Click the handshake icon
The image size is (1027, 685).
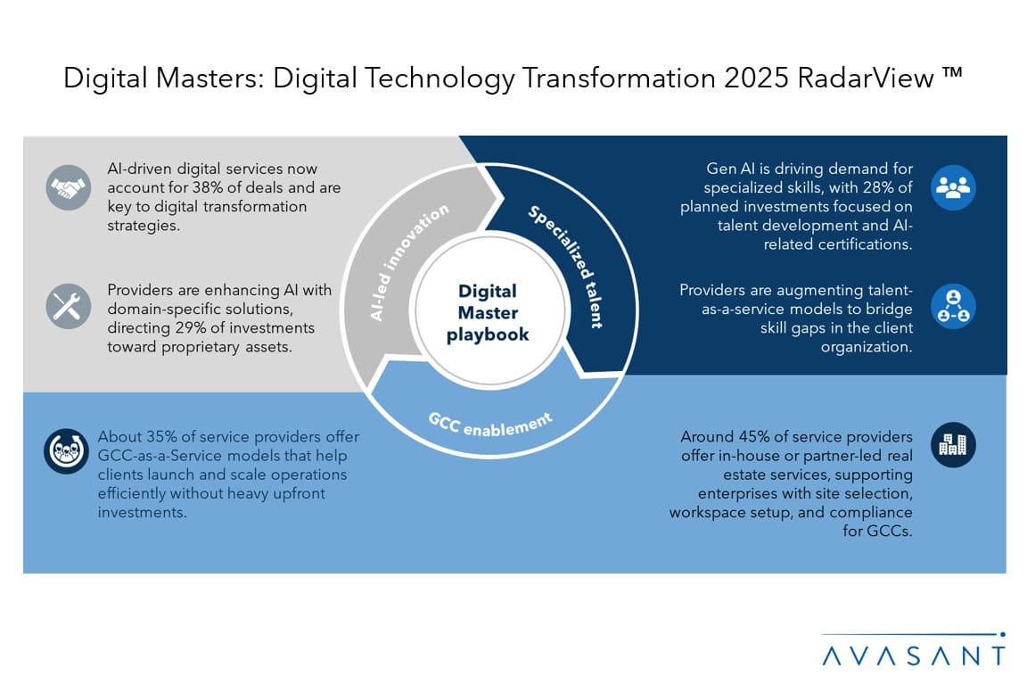pyautogui.click(x=68, y=187)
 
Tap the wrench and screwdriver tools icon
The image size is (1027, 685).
pyautogui.click(x=68, y=306)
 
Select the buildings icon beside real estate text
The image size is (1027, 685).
pyautogui.click(x=953, y=445)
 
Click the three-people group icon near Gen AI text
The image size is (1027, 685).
pyautogui.click(x=953, y=187)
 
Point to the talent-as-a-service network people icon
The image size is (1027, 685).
pyautogui.click(x=953, y=306)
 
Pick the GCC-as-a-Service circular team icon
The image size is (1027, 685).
pyautogui.click(x=66, y=451)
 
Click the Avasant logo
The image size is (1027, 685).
pyautogui.click(x=913, y=650)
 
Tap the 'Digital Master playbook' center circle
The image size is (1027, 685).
pyautogui.click(x=488, y=312)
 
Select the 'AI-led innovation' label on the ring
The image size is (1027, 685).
pyautogui.click(x=408, y=262)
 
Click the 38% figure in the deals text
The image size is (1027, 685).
pyautogui.click(x=207, y=187)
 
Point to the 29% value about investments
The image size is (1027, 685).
pyautogui.click(x=189, y=327)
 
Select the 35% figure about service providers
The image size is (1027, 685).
pyautogui.click(x=161, y=436)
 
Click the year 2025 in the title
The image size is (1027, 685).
pyautogui.click(x=756, y=78)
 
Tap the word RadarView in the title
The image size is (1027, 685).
pyautogui.click(x=866, y=78)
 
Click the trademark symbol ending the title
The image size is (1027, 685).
pyautogui.click(x=953, y=72)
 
